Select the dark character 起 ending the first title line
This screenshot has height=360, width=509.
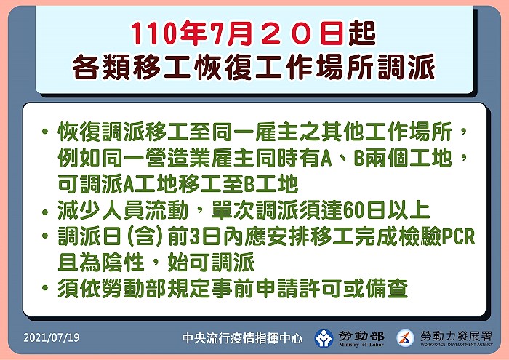pyautogui.click(x=362, y=33)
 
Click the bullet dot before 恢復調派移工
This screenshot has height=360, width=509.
pyautogui.click(x=45, y=132)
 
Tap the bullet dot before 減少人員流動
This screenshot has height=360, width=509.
pyautogui.click(x=45, y=212)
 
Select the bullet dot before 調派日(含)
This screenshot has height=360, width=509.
pyautogui.click(x=45, y=236)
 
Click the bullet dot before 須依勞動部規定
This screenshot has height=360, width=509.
pyautogui.click(x=45, y=287)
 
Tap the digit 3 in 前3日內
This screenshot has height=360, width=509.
pyautogui.click(x=195, y=236)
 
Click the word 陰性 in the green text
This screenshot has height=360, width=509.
pyautogui.click(x=123, y=263)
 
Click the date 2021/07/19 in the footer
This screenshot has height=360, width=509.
pyautogui.click(x=52, y=337)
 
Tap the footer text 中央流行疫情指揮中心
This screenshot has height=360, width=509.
pyautogui.click(x=242, y=338)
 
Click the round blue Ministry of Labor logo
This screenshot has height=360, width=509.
pyautogui.click(x=324, y=339)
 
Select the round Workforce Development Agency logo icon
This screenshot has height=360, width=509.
pyautogui.click(x=406, y=338)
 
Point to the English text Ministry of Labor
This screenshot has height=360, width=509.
pyautogui.click(x=361, y=345)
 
